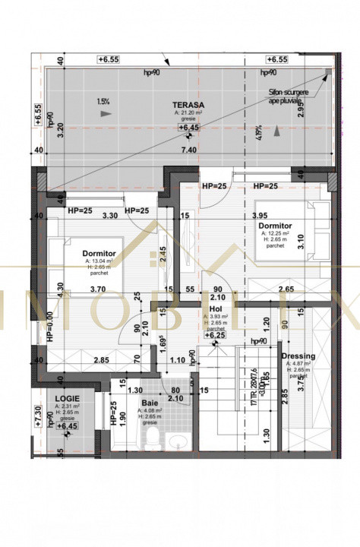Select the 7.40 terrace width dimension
[188, 151]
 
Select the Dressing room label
[298, 356]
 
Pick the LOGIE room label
[68, 397]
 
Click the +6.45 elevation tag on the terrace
[187, 128]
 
